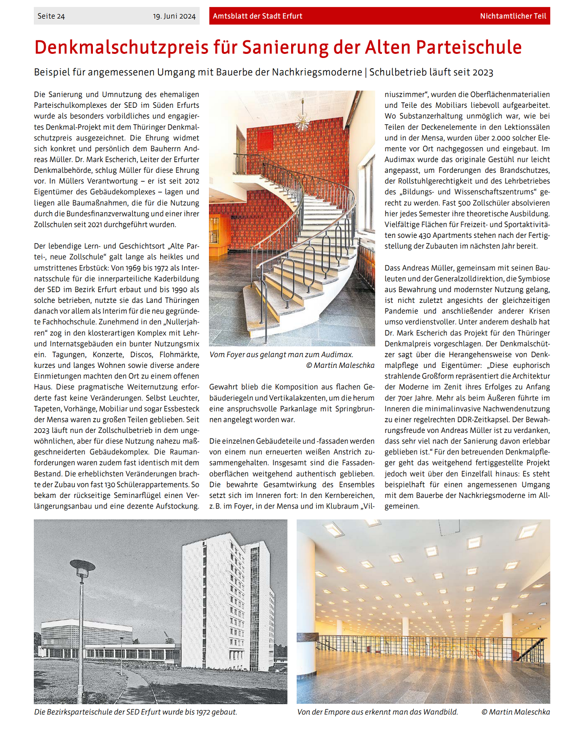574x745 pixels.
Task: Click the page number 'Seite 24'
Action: click(51, 16)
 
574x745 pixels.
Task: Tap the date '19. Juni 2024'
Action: click(174, 16)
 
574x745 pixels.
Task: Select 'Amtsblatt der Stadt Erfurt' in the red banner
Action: click(257, 16)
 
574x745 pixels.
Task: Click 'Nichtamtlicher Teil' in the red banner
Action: click(513, 16)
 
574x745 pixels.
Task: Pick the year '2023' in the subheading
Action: click(483, 72)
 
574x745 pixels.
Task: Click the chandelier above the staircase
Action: click(302, 121)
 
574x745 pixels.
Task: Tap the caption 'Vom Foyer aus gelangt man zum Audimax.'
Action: click(281, 354)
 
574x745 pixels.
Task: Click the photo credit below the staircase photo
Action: click(340, 365)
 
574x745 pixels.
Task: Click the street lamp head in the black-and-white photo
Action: click(82, 566)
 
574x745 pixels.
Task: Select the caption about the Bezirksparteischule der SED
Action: click(135, 712)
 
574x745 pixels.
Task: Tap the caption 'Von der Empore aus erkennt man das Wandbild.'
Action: click(377, 712)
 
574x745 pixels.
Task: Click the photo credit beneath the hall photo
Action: click(515, 712)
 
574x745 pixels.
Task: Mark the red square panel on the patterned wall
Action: click(265, 139)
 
